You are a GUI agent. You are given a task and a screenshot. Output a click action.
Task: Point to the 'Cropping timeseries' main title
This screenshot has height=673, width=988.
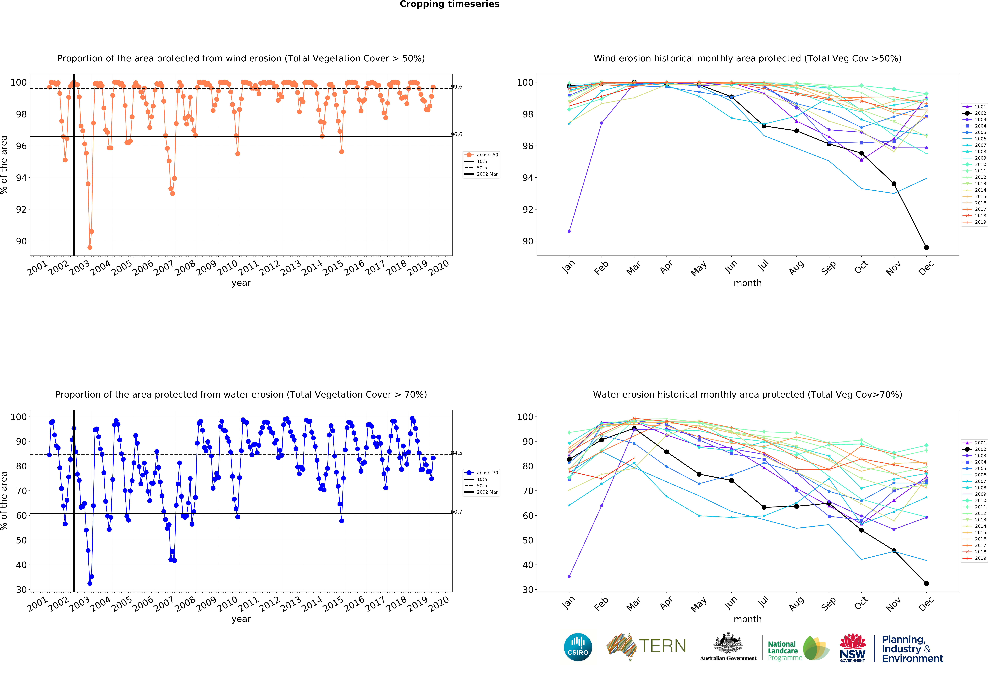tap(449, 4)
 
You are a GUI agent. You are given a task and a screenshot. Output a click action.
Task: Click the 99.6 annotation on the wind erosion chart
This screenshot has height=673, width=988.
tap(457, 87)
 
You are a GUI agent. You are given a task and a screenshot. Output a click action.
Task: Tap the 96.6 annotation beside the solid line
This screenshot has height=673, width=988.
tap(457, 134)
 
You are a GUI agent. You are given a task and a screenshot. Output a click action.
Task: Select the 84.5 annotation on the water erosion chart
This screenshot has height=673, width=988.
tap(457, 453)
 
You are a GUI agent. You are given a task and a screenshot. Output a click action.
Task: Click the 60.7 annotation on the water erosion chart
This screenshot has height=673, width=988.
tap(457, 512)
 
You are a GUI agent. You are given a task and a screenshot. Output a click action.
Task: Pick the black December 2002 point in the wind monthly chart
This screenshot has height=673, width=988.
tap(926, 247)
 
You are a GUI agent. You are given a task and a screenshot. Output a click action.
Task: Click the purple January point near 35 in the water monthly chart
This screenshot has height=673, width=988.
tap(569, 577)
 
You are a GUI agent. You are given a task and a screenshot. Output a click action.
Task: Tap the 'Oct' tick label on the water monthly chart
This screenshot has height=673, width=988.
tap(861, 603)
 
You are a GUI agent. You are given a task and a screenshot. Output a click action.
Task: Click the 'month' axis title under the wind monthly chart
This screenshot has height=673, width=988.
tap(747, 283)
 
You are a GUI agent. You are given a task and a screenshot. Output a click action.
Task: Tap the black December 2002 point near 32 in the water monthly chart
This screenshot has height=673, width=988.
tap(926, 583)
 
